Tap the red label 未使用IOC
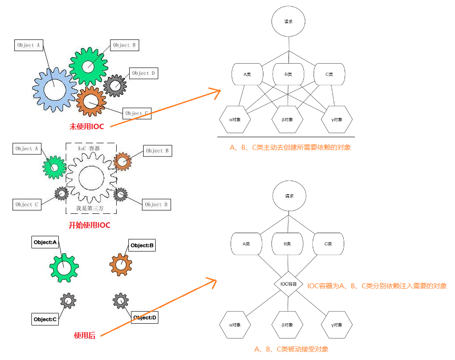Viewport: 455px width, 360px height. [x=87, y=126]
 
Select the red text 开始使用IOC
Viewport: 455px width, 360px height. [x=89, y=225]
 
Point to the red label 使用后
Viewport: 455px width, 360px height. [x=85, y=335]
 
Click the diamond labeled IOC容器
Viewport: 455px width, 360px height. [x=289, y=284]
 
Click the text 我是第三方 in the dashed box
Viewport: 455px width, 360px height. [x=91, y=208]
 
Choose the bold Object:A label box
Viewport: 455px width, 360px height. [x=45, y=243]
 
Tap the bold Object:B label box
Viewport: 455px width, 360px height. [x=142, y=245]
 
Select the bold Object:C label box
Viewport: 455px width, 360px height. [x=45, y=320]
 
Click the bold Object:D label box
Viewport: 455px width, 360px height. [x=145, y=318]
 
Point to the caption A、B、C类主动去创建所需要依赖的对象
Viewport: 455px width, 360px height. [x=290, y=147]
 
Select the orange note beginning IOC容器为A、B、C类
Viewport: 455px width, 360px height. [x=377, y=286]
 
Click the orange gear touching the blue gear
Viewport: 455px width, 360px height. [x=91, y=101]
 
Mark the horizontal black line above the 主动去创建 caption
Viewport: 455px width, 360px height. [x=286, y=137]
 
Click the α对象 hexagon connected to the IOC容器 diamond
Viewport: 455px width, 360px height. [x=235, y=325]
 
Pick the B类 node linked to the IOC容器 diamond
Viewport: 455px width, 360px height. [x=287, y=244]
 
